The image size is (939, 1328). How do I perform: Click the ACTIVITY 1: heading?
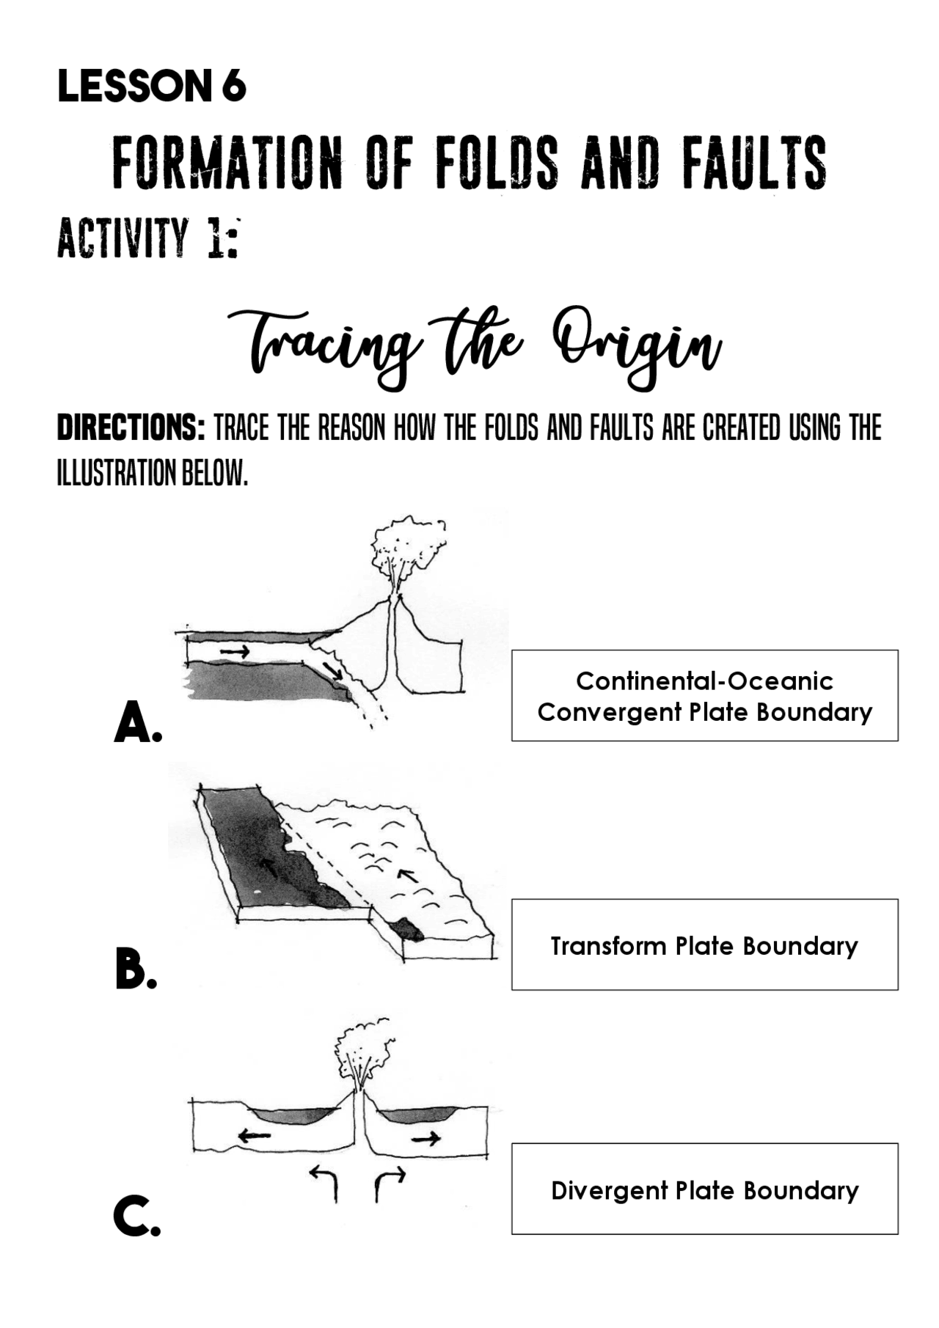[148, 238]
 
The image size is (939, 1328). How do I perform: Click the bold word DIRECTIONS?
[131, 428]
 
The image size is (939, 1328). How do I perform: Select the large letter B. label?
[136, 969]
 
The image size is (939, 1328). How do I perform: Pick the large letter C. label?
[136, 1216]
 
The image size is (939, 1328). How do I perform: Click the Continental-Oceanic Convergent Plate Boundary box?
[704, 696]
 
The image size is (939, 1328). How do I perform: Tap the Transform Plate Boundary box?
[704, 945]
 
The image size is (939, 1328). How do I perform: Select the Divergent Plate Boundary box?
[704, 1189]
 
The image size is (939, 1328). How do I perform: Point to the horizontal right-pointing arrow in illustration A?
[235, 651]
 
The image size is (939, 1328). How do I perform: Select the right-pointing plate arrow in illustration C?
[426, 1139]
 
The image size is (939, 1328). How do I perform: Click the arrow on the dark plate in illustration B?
[270, 867]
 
